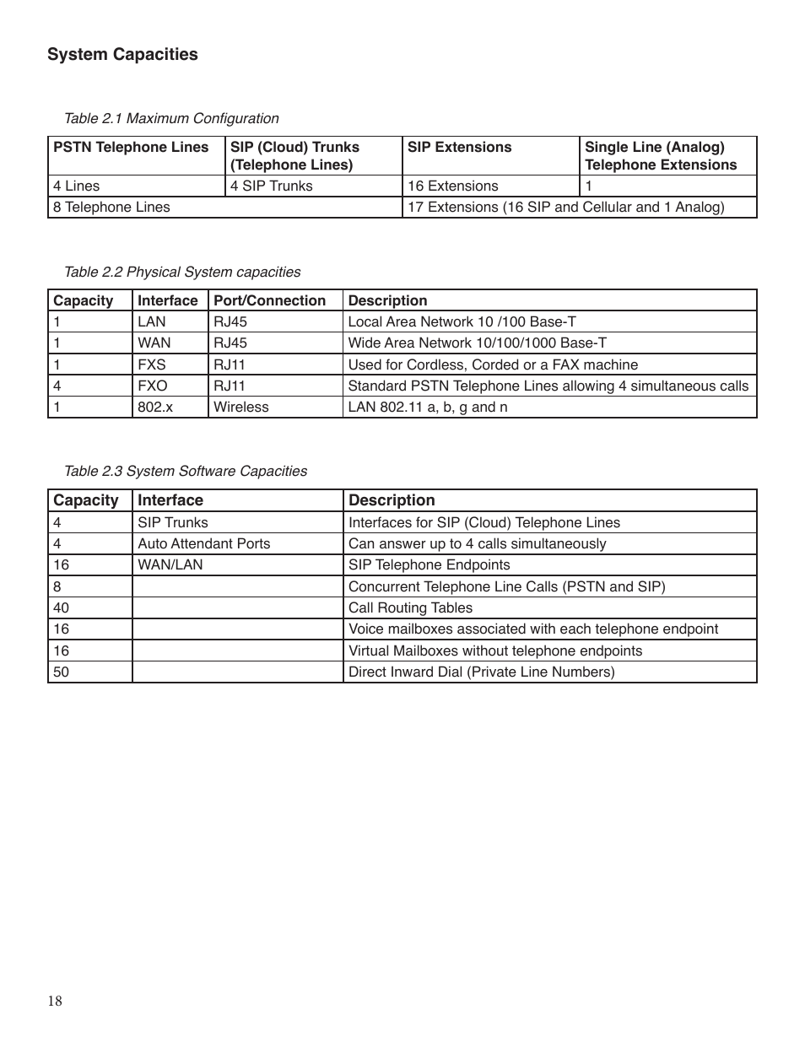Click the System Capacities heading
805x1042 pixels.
[x=122, y=54]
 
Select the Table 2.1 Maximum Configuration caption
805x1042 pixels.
[x=171, y=118]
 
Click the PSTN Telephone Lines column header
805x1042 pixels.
[x=131, y=147]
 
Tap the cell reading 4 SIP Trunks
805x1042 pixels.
[x=271, y=186]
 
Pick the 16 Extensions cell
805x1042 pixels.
[x=452, y=186]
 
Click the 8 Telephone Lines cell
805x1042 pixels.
[x=111, y=207]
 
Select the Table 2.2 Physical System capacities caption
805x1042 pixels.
[x=182, y=272]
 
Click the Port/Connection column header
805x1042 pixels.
[x=269, y=300]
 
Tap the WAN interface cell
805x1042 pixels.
[x=154, y=343]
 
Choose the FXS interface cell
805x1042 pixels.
[x=152, y=364]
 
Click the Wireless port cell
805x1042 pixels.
[x=240, y=407]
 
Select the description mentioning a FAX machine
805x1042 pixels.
[x=493, y=364]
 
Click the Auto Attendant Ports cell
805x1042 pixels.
[x=203, y=543]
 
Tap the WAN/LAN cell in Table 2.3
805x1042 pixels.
[x=170, y=564]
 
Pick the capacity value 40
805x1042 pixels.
[x=61, y=607]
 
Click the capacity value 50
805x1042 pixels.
[x=61, y=672]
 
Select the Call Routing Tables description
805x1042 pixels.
[x=410, y=607]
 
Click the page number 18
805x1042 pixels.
[x=55, y=1001]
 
